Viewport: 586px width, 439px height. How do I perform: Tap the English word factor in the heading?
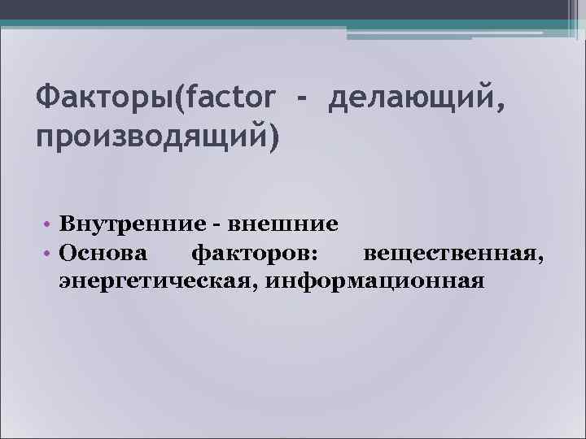pyautogui.click(x=231, y=102)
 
